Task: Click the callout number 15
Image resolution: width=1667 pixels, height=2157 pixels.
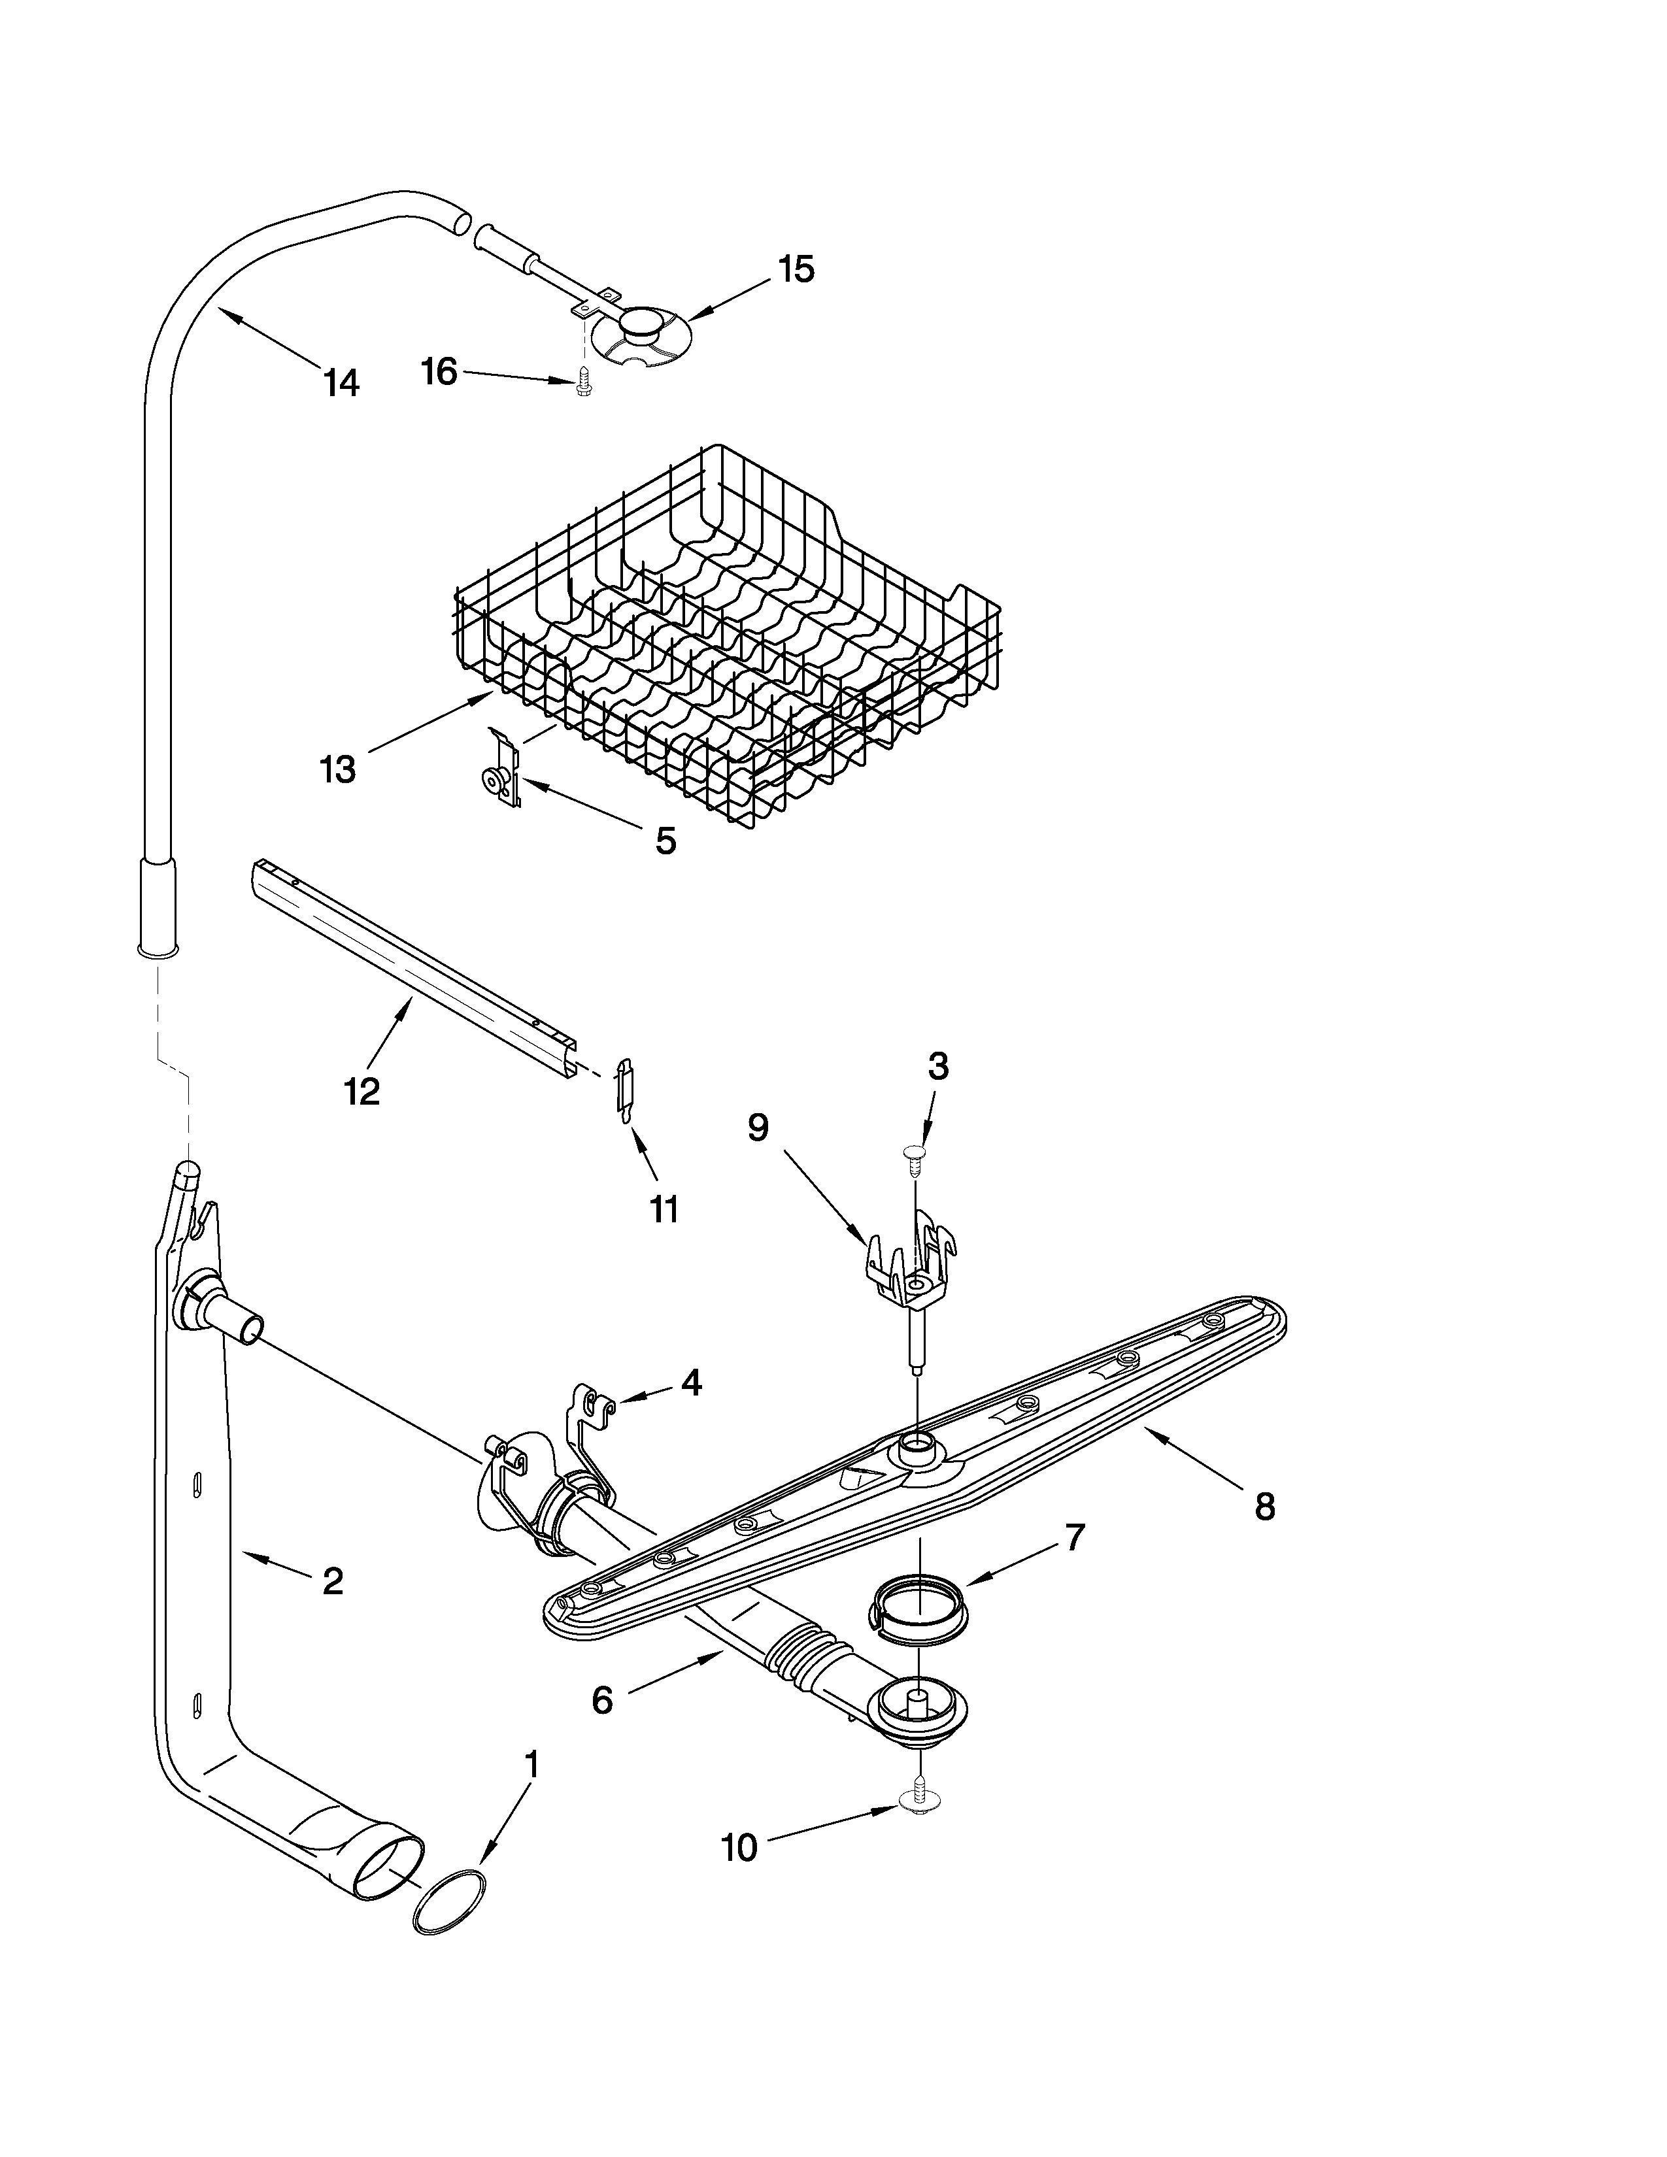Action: point(796,269)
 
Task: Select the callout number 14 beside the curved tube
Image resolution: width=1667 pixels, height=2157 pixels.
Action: point(341,382)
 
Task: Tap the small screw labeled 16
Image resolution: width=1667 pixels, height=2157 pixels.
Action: point(582,383)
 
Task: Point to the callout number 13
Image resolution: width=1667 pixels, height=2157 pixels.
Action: point(338,769)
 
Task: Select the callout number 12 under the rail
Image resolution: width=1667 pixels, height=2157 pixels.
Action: point(362,1092)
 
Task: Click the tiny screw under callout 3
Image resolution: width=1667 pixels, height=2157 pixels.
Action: point(915,1158)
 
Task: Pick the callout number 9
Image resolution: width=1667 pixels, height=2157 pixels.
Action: point(758,1127)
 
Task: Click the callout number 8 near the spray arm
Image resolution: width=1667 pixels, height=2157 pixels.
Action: point(1265,1506)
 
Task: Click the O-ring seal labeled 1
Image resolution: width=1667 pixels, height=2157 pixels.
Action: point(449,1901)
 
